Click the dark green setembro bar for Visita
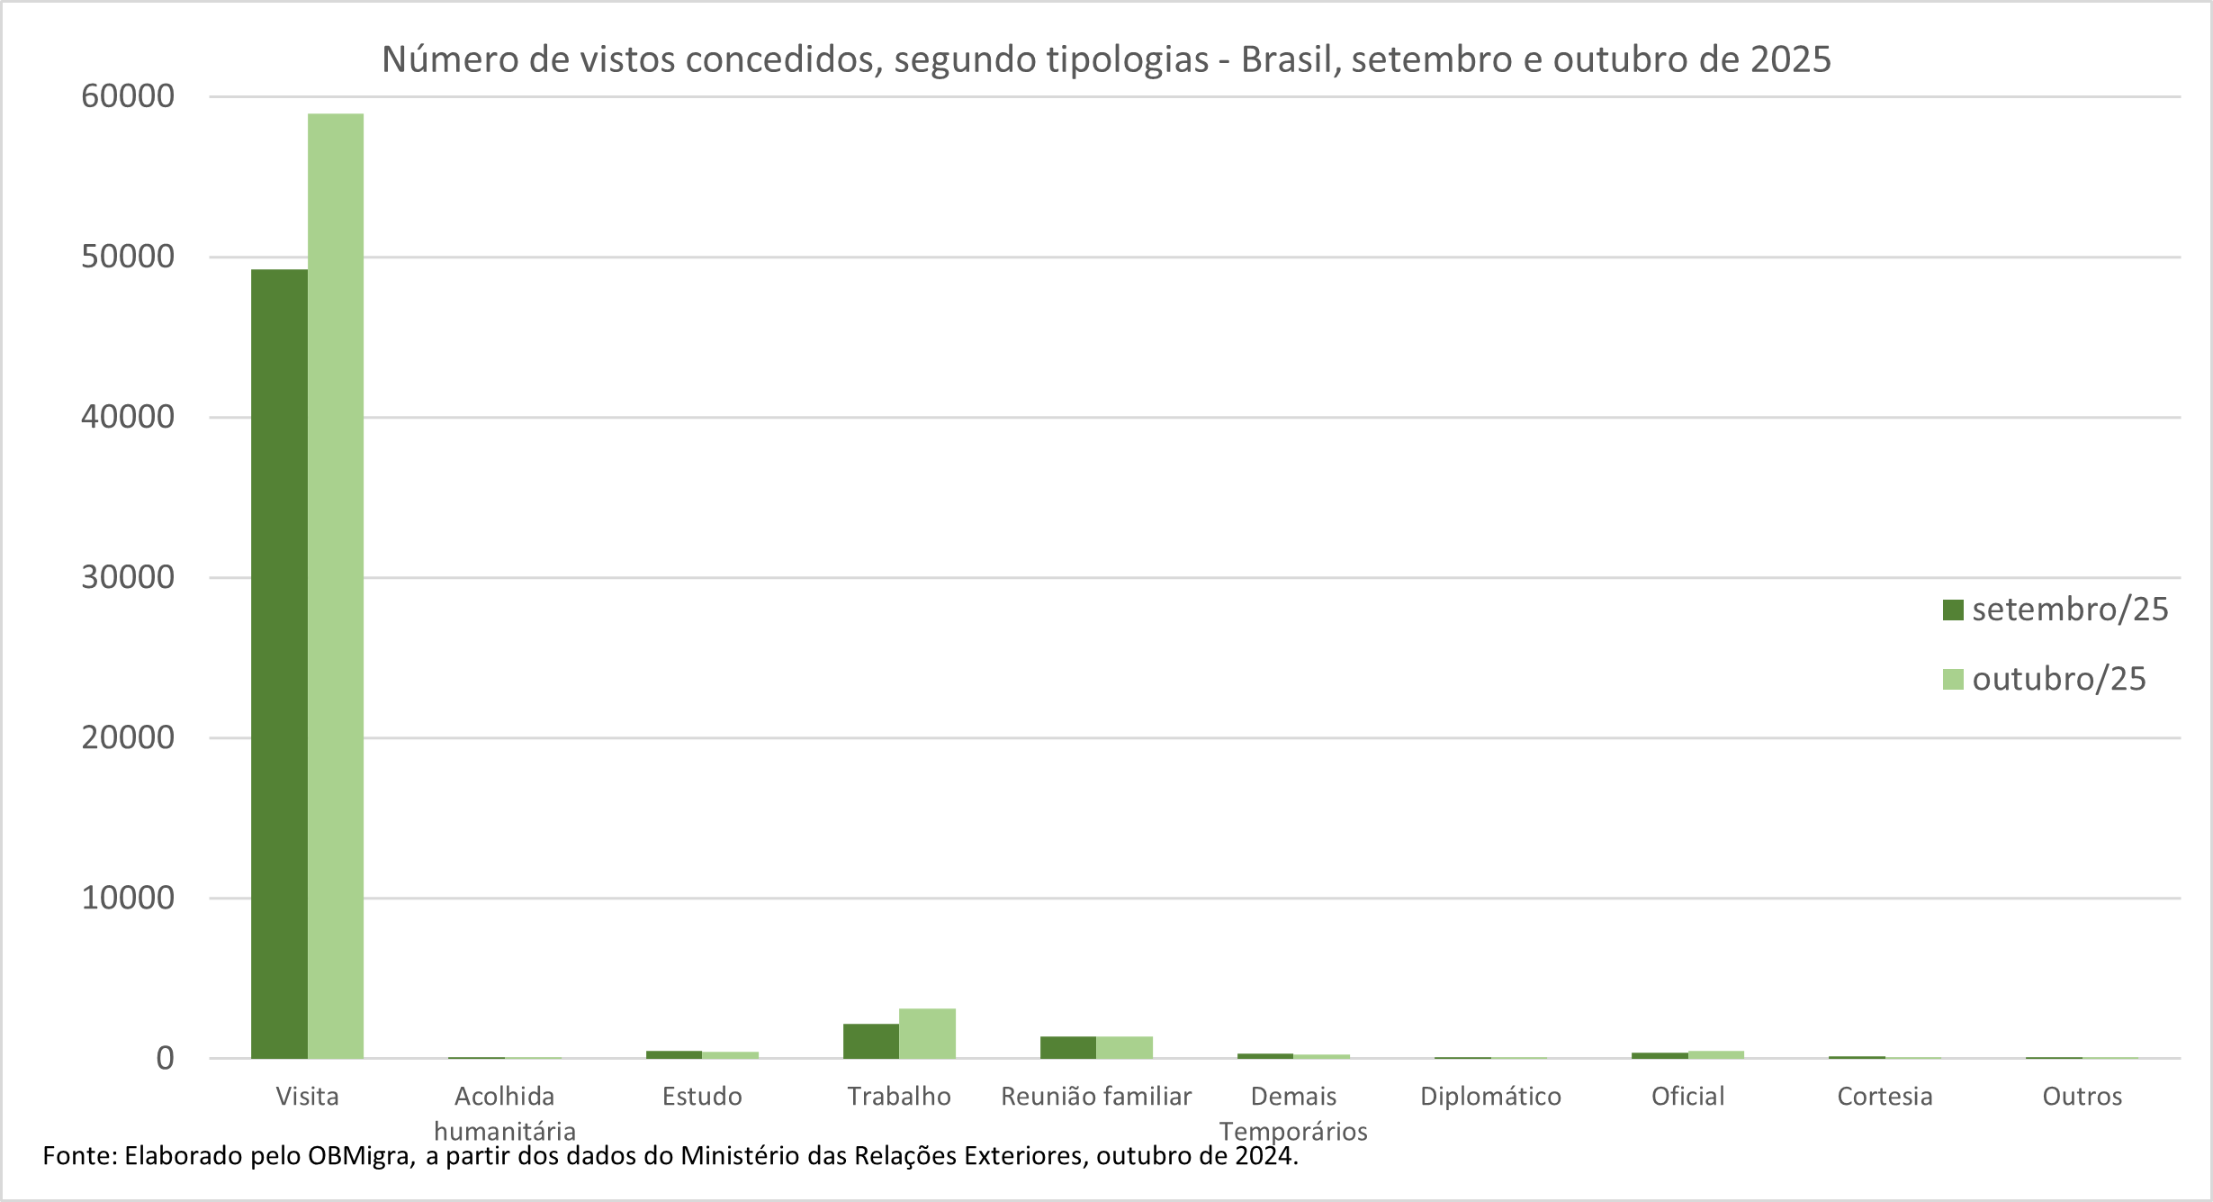[x=279, y=664]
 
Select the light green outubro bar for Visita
[x=336, y=585]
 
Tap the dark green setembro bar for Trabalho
[x=870, y=1041]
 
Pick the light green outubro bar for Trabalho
[x=927, y=1033]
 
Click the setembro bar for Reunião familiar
[x=1067, y=1047]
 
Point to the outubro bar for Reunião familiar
[x=1124, y=1047]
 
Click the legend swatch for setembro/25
[x=1952, y=610]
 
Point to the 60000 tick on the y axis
[x=128, y=96]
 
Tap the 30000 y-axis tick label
[x=128, y=577]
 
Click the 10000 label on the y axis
[x=128, y=898]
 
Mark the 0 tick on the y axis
[x=165, y=1058]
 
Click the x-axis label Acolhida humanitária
[x=504, y=1113]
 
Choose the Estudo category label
[x=702, y=1096]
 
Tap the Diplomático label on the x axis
[x=1490, y=1096]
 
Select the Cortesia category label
[x=1885, y=1096]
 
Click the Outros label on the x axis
[x=2082, y=1096]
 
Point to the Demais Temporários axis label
[x=1293, y=1113]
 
